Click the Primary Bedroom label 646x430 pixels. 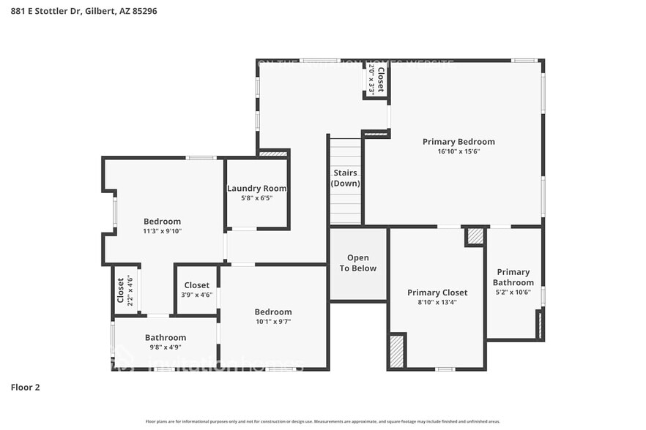coord(458,142)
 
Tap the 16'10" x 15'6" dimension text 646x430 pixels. coord(458,151)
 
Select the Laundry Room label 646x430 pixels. coord(256,188)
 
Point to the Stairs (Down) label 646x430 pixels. coord(345,178)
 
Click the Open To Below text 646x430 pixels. coord(357,263)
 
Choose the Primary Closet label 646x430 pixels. coord(437,293)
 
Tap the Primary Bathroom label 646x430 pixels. coord(513,277)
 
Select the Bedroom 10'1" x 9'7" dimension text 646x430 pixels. coord(273,321)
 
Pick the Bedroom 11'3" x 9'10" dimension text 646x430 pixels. coord(162,231)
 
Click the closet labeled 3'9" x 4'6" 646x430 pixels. coord(196,290)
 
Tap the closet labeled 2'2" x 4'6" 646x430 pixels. coord(125,290)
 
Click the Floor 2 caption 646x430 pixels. coord(25,387)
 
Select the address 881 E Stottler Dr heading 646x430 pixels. coord(83,12)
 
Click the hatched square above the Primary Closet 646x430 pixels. coord(475,237)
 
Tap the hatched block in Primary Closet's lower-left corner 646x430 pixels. coord(397,350)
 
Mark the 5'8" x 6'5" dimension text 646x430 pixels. coord(256,197)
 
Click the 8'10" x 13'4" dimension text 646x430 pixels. coord(437,302)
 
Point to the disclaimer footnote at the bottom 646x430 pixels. coord(323,421)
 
